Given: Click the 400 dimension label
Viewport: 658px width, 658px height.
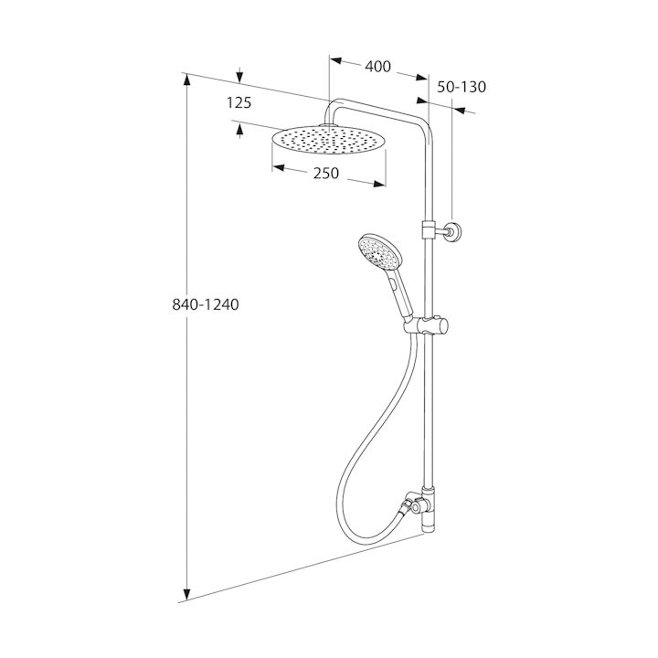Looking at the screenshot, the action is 377,67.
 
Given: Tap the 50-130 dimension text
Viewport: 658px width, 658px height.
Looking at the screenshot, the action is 462,87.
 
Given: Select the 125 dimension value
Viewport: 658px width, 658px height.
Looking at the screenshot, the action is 239,102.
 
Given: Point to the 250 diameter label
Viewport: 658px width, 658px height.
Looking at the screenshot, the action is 326,173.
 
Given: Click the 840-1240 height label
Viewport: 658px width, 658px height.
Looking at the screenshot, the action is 206,304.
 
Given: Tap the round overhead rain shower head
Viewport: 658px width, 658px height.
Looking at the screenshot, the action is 329,140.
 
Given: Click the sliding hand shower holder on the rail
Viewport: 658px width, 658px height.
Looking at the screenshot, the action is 426,325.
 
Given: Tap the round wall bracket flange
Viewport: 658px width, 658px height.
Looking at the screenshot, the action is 455,231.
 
